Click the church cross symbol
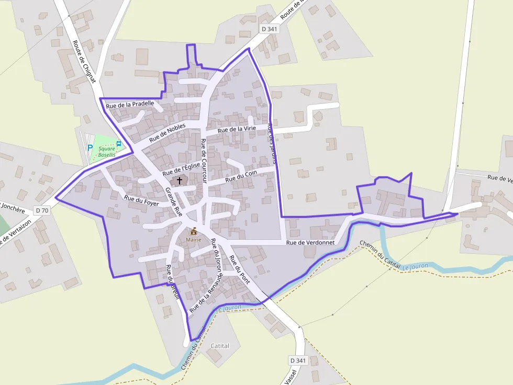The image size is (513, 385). pos(180,181)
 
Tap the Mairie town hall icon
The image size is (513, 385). pos(194,231)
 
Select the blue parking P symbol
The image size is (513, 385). pos(90,148)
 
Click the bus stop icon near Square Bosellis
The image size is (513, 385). pos(119,143)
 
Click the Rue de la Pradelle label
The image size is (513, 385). pos(130,104)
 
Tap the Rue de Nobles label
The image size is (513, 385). pos(168,133)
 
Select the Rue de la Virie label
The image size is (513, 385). pos(237,129)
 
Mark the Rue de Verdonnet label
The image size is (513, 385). pos(310,242)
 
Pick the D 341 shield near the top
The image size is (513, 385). pos(269,29)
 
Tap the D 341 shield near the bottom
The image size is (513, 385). pos(297,360)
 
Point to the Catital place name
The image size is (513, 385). pos(220,346)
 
